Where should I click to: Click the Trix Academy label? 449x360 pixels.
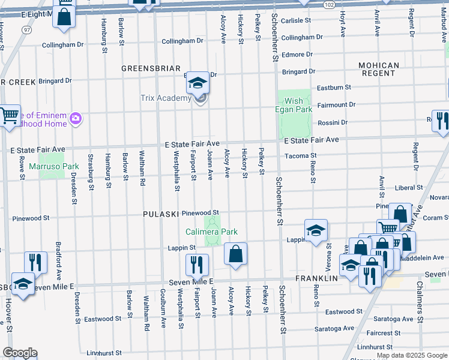(165, 98)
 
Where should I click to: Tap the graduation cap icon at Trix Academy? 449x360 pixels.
(197, 85)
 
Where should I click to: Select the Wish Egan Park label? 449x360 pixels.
(295, 106)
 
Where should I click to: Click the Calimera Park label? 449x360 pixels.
(211, 232)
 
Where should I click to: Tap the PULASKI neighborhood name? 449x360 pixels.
(161, 214)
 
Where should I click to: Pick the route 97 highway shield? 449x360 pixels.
(26, 29)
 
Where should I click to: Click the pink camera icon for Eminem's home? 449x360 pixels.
(76, 118)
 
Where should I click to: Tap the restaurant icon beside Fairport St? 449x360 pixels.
(197, 265)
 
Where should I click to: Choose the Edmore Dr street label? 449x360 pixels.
(297, 55)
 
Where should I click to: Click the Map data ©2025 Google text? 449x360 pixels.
(411, 355)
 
